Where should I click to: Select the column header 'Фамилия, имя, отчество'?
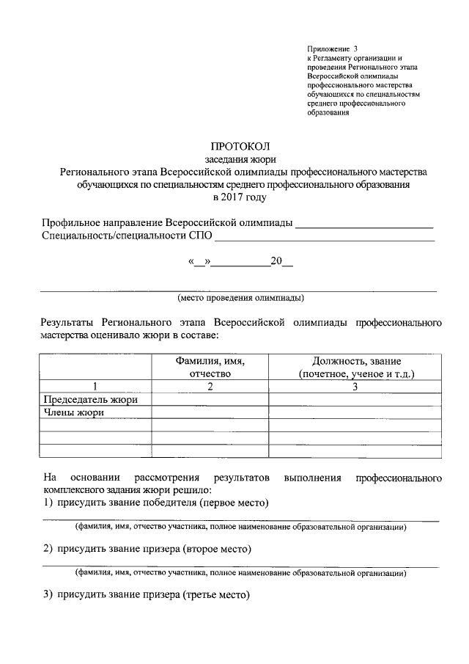point(210,367)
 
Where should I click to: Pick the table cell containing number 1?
point(95,386)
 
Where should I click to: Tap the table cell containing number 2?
point(210,386)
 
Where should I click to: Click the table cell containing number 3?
point(355,386)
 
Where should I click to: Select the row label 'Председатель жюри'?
point(90,399)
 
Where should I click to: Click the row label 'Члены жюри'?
point(72,412)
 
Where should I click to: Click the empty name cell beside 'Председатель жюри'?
point(210,399)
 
